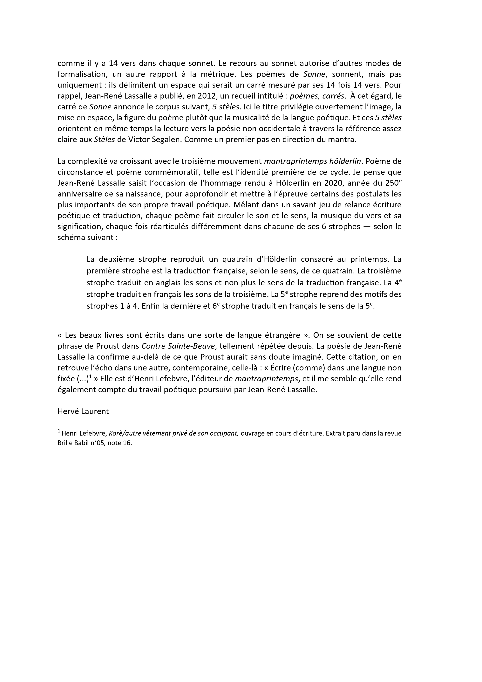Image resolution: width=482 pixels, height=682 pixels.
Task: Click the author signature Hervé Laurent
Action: (83, 411)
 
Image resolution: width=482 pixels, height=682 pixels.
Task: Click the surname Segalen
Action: (165, 140)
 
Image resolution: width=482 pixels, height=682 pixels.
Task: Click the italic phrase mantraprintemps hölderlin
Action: (312, 161)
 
